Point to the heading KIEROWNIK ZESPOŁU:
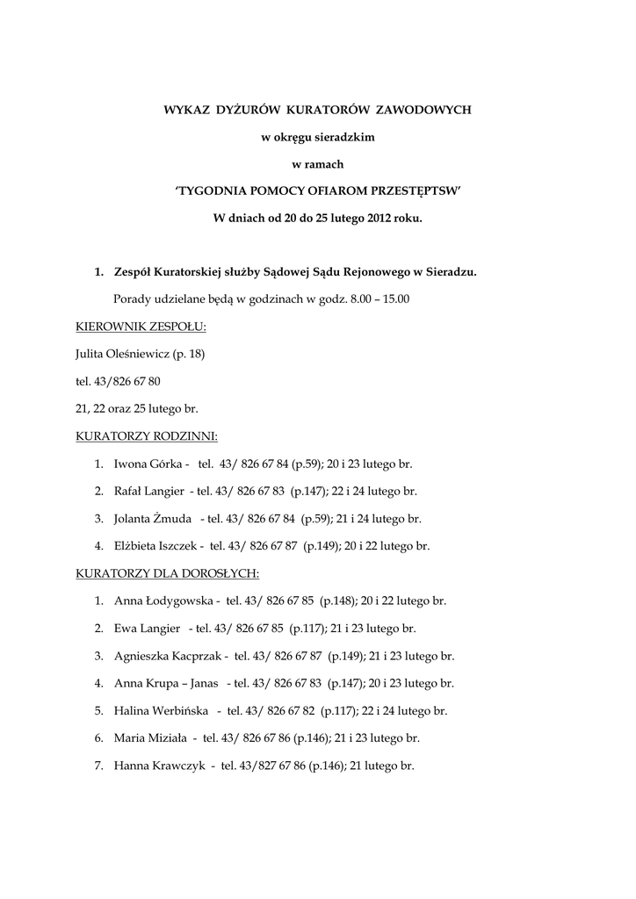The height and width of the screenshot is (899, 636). pos(141,327)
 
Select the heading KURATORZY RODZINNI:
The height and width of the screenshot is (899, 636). pos(147,435)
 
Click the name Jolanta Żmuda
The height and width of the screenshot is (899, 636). pos(153,518)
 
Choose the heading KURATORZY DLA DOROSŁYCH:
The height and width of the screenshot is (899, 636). pos(166,573)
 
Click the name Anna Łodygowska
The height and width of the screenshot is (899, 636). pos(165,601)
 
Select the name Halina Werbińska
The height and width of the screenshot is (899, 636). pos(163,710)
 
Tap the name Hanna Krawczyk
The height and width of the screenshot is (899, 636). pos(159,766)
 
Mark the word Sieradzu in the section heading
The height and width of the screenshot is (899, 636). pos(448,272)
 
